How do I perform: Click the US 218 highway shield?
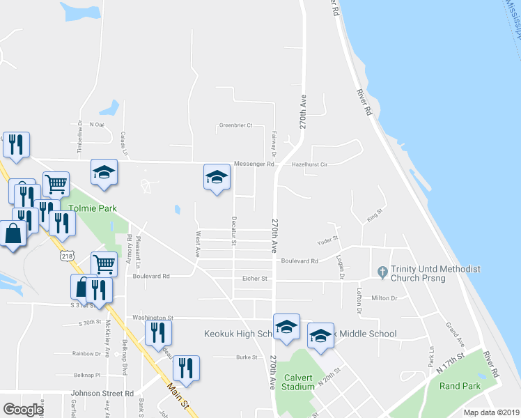[68, 256]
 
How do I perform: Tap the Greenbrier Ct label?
[235, 125]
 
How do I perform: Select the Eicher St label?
[255, 279]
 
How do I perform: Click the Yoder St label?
[327, 239]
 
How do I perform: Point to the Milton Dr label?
[384, 297]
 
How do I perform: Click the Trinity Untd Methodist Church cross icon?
[381, 270]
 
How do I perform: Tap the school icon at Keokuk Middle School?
[320, 335]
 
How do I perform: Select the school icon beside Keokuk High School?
[286, 327]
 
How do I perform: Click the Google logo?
[23, 409]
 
